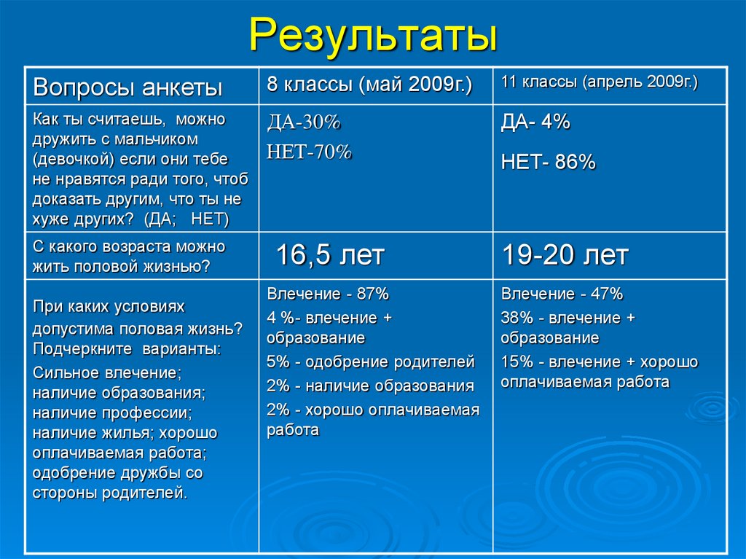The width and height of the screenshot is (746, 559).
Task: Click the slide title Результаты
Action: [x=373, y=35]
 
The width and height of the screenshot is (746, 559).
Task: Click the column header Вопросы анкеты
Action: [x=127, y=88]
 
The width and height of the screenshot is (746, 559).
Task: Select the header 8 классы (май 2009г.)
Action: [x=369, y=85]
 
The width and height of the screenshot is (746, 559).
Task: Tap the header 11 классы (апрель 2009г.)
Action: [x=599, y=82]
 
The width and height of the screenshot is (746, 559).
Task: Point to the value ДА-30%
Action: [x=304, y=124]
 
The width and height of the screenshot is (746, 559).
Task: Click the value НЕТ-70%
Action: [x=310, y=152]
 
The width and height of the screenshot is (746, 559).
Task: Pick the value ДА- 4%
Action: [x=535, y=122]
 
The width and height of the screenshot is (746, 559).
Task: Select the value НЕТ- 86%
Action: [x=548, y=163]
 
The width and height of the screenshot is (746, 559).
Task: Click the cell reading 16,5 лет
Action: [x=329, y=255]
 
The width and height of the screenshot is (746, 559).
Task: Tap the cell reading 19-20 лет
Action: [x=565, y=255]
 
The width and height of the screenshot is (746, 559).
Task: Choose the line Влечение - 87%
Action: [x=328, y=294]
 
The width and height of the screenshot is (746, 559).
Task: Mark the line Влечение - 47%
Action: [x=562, y=294]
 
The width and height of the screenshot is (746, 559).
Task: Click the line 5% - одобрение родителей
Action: [x=371, y=361]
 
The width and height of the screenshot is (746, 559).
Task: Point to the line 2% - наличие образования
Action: [x=370, y=386]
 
